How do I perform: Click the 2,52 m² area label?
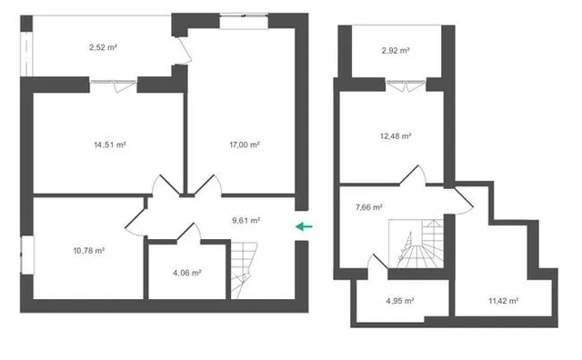click(103, 47)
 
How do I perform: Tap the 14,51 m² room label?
click(110, 145)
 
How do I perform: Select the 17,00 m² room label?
click(245, 145)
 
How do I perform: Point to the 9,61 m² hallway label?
click(246, 220)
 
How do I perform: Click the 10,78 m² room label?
click(89, 251)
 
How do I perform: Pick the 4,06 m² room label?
click(187, 273)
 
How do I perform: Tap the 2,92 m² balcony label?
click(396, 51)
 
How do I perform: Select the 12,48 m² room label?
click(396, 136)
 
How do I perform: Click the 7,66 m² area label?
click(369, 207)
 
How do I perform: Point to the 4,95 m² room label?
click(400, 301)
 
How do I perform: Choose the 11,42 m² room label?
click(504, 301)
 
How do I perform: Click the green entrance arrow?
click(304, 226)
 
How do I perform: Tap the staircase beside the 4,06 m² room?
click(244, 270)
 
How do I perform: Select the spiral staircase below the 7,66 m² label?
click(416, 244)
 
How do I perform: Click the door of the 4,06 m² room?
click(189, 232)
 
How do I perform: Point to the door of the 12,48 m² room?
click(413, 175)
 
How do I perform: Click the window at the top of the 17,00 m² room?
click(244, 22)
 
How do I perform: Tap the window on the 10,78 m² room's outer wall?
click(27, 255)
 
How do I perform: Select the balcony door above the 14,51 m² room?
click(113, 85)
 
